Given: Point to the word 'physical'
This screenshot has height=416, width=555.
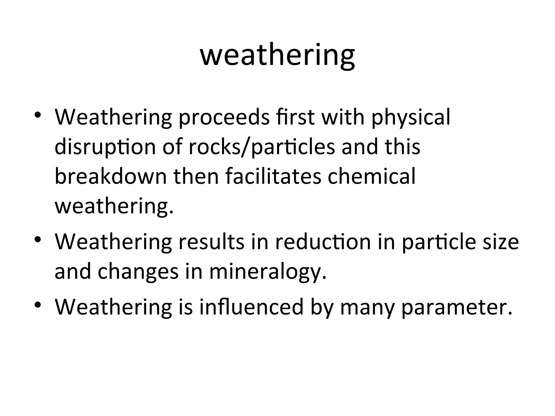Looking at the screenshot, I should coord(411,118).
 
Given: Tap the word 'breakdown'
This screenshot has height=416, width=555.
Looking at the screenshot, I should coord(111,177).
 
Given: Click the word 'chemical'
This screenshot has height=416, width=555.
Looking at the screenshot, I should coord(372,177).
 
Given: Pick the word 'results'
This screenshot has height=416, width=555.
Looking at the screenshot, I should coord(211,242).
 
